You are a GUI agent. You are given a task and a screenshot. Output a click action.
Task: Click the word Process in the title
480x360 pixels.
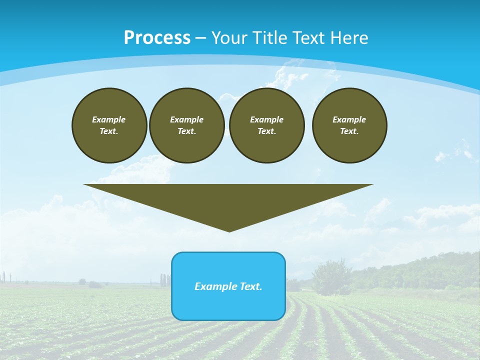click(x=157, y=38)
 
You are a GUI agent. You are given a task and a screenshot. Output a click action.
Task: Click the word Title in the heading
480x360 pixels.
click(x=270, y=38)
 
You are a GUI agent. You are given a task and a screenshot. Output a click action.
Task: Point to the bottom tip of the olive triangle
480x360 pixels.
click(x=229, y=230)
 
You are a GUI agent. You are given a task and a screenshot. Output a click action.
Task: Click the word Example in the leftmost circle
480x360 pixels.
click(x=109, y=119)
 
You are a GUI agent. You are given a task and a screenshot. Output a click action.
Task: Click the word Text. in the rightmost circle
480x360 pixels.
click(x=349, y=131)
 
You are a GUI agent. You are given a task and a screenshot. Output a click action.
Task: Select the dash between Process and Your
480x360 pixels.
click(x=200, y=38)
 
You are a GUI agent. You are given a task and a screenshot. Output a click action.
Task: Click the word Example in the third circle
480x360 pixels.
click(x=267, y=119)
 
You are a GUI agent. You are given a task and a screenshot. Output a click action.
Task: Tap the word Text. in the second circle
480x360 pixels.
click(x=187, y=131)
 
